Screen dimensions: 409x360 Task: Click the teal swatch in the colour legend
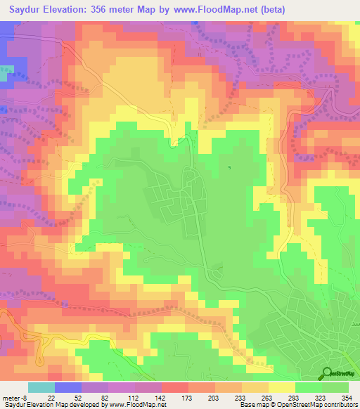point(41,388)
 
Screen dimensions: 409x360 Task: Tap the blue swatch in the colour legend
point(68,388)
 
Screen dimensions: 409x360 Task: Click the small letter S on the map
point(229,167)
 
